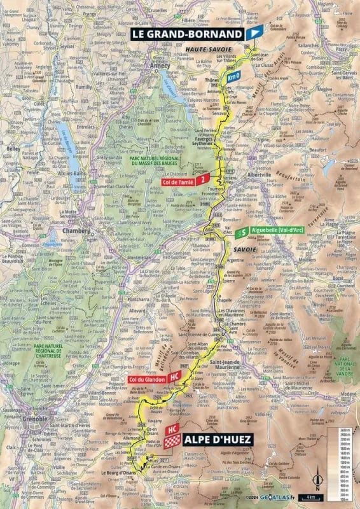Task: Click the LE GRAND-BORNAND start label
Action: click(187, 33)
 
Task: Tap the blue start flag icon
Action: click(254, 33)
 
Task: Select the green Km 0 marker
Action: click(233, 76)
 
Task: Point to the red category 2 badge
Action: click(203, 180)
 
